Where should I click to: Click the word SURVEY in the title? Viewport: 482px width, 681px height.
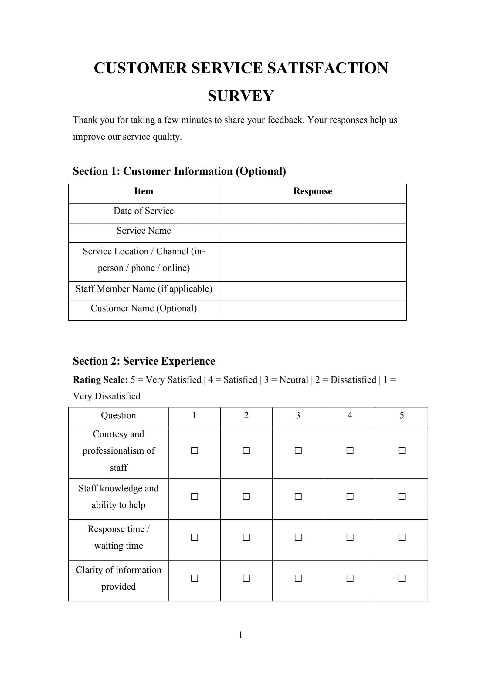point(241,96)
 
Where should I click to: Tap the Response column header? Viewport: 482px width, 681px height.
point(312,191)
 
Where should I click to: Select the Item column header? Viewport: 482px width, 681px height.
point(144,191)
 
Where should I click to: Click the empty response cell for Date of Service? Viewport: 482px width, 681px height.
point(312,213)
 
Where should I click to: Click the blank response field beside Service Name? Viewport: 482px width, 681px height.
point(312,233)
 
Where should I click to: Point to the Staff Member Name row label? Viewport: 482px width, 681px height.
point(144,288)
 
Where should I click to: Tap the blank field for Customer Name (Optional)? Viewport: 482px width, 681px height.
point(312,310)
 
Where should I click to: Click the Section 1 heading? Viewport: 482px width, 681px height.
point(179,171)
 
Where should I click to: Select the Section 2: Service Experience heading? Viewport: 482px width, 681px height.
point(144,361)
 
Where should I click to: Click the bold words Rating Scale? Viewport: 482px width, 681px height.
point(100,380)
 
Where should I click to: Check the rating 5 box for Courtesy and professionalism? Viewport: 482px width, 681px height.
point(402,451)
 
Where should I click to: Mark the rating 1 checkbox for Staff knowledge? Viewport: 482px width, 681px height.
point(195,497)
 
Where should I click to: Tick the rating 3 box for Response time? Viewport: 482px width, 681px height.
point(298,537)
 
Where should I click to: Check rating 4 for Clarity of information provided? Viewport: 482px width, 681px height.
point(350,578)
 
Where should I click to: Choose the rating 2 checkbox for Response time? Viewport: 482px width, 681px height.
point(246,537)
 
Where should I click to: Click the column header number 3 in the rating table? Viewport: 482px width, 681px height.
point(298,415)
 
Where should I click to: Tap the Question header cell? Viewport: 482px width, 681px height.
point(118,415)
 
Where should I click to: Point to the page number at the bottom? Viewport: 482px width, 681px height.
point(241,635)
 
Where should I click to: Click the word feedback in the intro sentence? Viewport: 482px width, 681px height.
point(285,120)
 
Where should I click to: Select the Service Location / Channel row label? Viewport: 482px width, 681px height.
point(144,259)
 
